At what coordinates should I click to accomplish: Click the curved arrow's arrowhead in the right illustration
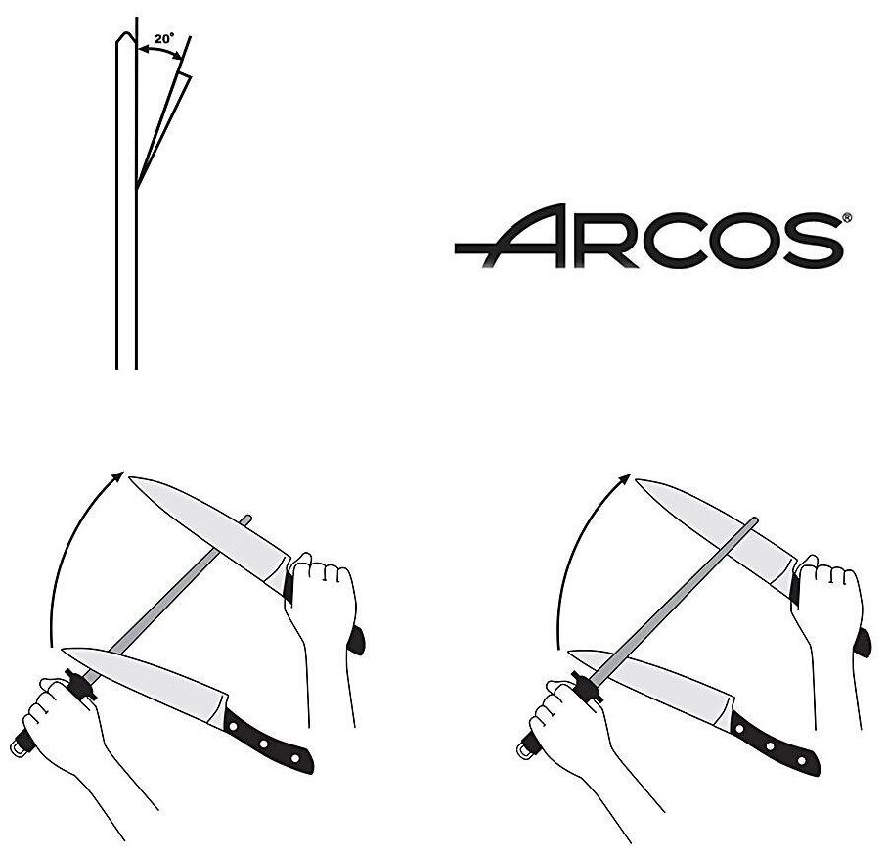click(625, 477)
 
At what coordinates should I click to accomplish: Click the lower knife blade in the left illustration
click(147, 675)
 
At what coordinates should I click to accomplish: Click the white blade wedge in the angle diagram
click(163, 122)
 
